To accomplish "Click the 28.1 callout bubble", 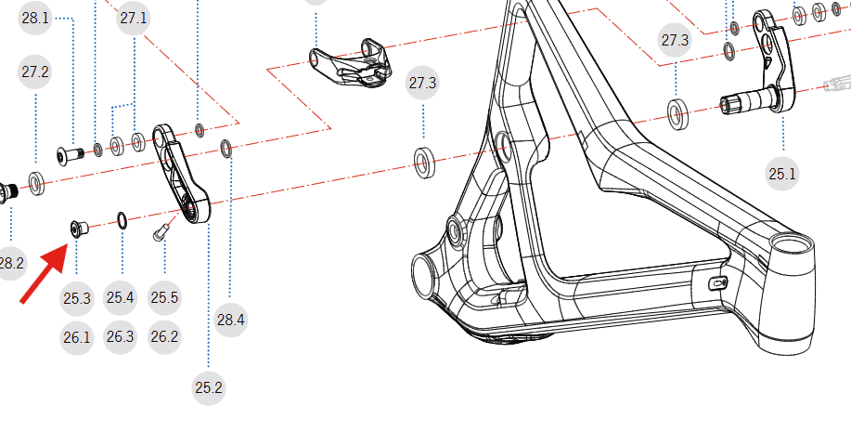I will (36, 19).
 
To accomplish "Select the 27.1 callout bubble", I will (134, 19).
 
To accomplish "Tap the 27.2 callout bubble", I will (35, 72).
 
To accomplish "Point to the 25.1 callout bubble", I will (782, 174).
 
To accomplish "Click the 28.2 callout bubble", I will (9, 263).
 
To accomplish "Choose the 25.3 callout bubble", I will (77, 298).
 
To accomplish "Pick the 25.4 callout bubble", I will (121, 298).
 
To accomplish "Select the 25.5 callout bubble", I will (164, 298).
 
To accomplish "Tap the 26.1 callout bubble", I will (77, 337).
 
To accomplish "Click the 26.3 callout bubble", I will (121, 336).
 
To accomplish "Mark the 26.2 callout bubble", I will (164, 336).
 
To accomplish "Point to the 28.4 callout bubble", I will (230, 321).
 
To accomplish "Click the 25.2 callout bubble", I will (209, 388).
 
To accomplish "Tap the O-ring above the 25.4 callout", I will (122, 219).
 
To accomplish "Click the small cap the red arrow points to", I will (77, 227).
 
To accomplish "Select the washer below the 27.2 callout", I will (36, 183).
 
